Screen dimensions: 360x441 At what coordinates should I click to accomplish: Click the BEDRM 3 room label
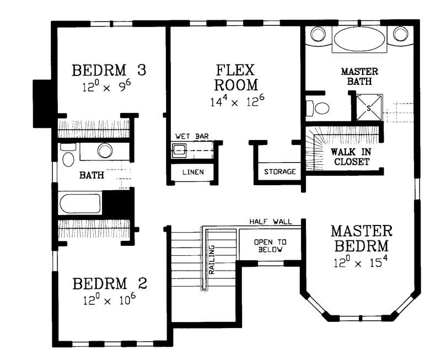click(109, 71)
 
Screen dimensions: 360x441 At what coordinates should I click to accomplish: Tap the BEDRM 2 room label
click(110, 284)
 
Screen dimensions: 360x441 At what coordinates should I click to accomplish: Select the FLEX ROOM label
click(235, 78)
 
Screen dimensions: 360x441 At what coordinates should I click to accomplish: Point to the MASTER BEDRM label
click(361, 237)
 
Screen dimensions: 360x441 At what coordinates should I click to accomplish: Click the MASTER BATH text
click(359, 77)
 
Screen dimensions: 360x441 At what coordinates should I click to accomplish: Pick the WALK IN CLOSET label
click(349, 157)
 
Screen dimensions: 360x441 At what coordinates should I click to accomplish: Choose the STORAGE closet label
click(279, 171)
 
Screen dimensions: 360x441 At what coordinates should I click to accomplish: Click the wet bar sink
click(178, 149)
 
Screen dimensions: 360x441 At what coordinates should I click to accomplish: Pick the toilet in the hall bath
click(68, 157)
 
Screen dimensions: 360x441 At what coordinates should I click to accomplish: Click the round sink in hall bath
click(104, 151)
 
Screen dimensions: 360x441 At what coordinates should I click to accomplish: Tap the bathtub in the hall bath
click(80, 203)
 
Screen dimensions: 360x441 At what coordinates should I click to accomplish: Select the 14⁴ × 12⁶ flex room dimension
click(235, 101)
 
